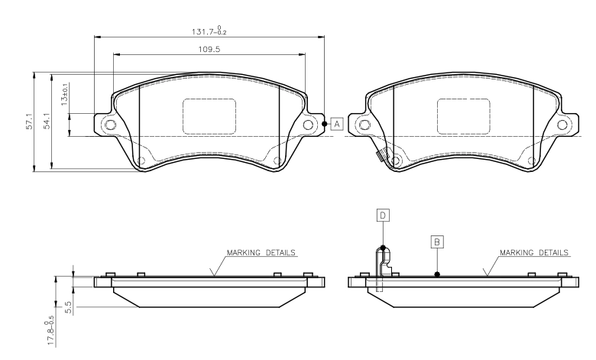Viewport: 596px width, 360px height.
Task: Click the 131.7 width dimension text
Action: [209, 31]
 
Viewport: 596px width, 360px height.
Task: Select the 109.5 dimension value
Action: [209, 49]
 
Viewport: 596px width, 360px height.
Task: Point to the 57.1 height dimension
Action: [29, 122]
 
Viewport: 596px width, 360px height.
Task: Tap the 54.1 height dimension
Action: [47, 121]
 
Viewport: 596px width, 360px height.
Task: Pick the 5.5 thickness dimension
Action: [69, 307]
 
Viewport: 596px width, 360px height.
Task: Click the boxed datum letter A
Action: [337, 124]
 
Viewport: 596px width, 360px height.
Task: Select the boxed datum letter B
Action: [437, 242]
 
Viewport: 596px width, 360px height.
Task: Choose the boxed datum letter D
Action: [383, 216]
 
